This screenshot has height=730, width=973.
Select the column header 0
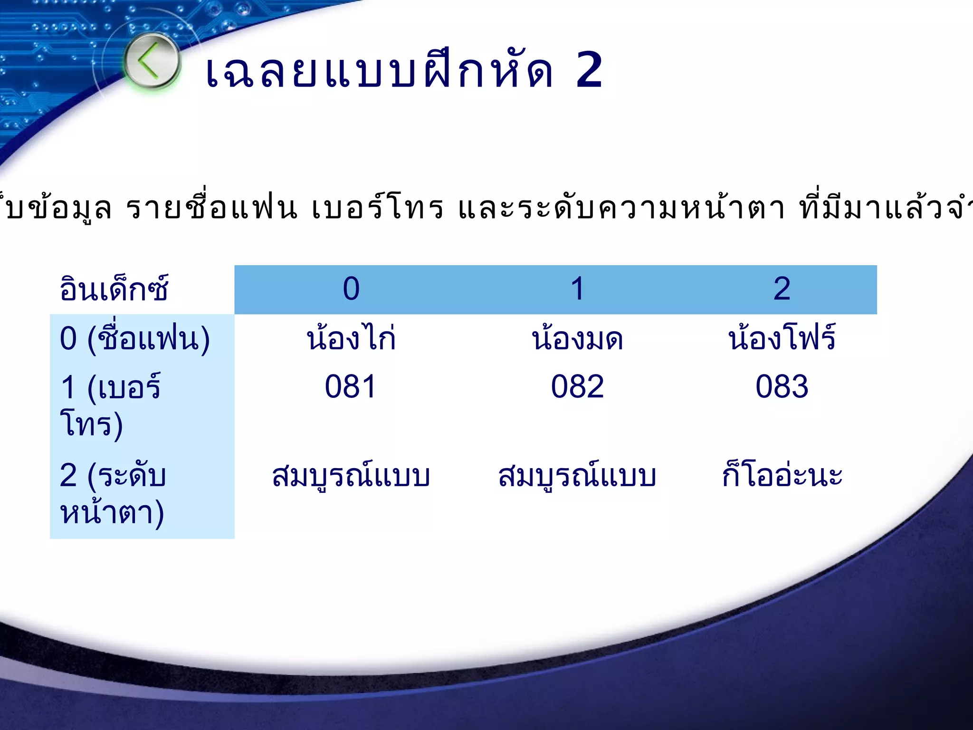pos(351,289)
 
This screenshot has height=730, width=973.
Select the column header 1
pos(577,289)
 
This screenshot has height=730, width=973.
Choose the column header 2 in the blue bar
pos(782,289)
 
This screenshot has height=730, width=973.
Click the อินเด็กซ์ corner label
pos(114,289)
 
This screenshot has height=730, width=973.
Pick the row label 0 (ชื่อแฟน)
pos(135,339)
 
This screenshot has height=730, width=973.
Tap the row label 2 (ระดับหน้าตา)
pos(113,493)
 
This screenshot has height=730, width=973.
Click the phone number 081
pos(351,386)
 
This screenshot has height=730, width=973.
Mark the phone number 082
pos(577,386)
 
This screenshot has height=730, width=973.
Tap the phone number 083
pos(782,386)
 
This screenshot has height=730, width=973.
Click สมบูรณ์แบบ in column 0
pos(351,475)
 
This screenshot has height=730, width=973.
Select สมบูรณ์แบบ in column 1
pos(577,475)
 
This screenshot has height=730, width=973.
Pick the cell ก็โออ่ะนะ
pos(782,475)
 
